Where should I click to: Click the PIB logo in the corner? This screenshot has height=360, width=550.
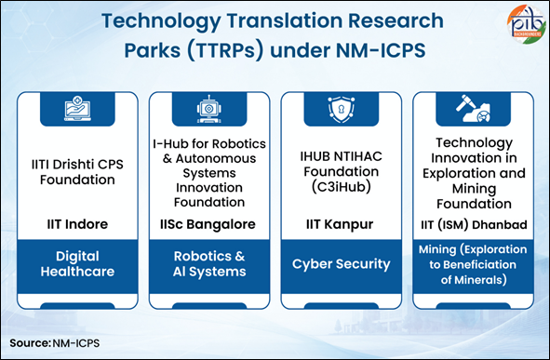point(526,24)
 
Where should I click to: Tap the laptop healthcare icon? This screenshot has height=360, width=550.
point(77,108)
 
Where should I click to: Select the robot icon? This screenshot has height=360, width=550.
point(209,109)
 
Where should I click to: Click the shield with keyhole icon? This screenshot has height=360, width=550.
point(341,110)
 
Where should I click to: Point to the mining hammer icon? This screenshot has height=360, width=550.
point(473,108)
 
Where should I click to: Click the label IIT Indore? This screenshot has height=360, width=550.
point(77,224)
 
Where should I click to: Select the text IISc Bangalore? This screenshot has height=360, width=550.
point(208,224)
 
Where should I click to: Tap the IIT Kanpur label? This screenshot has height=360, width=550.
point(340,225)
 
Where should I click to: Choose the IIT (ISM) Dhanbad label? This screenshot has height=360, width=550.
point(474,225)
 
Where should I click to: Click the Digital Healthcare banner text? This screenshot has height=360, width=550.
point(77,264)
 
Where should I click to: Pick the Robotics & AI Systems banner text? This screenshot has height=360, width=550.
point(209,264)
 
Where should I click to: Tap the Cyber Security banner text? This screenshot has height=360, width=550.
point(341,264)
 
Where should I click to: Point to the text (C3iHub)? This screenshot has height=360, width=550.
point(341,187)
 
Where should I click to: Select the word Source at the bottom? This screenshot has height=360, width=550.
point(30,343)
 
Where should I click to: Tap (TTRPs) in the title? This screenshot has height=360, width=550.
point(225,50)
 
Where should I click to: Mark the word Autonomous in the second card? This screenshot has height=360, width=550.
point(216,158)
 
